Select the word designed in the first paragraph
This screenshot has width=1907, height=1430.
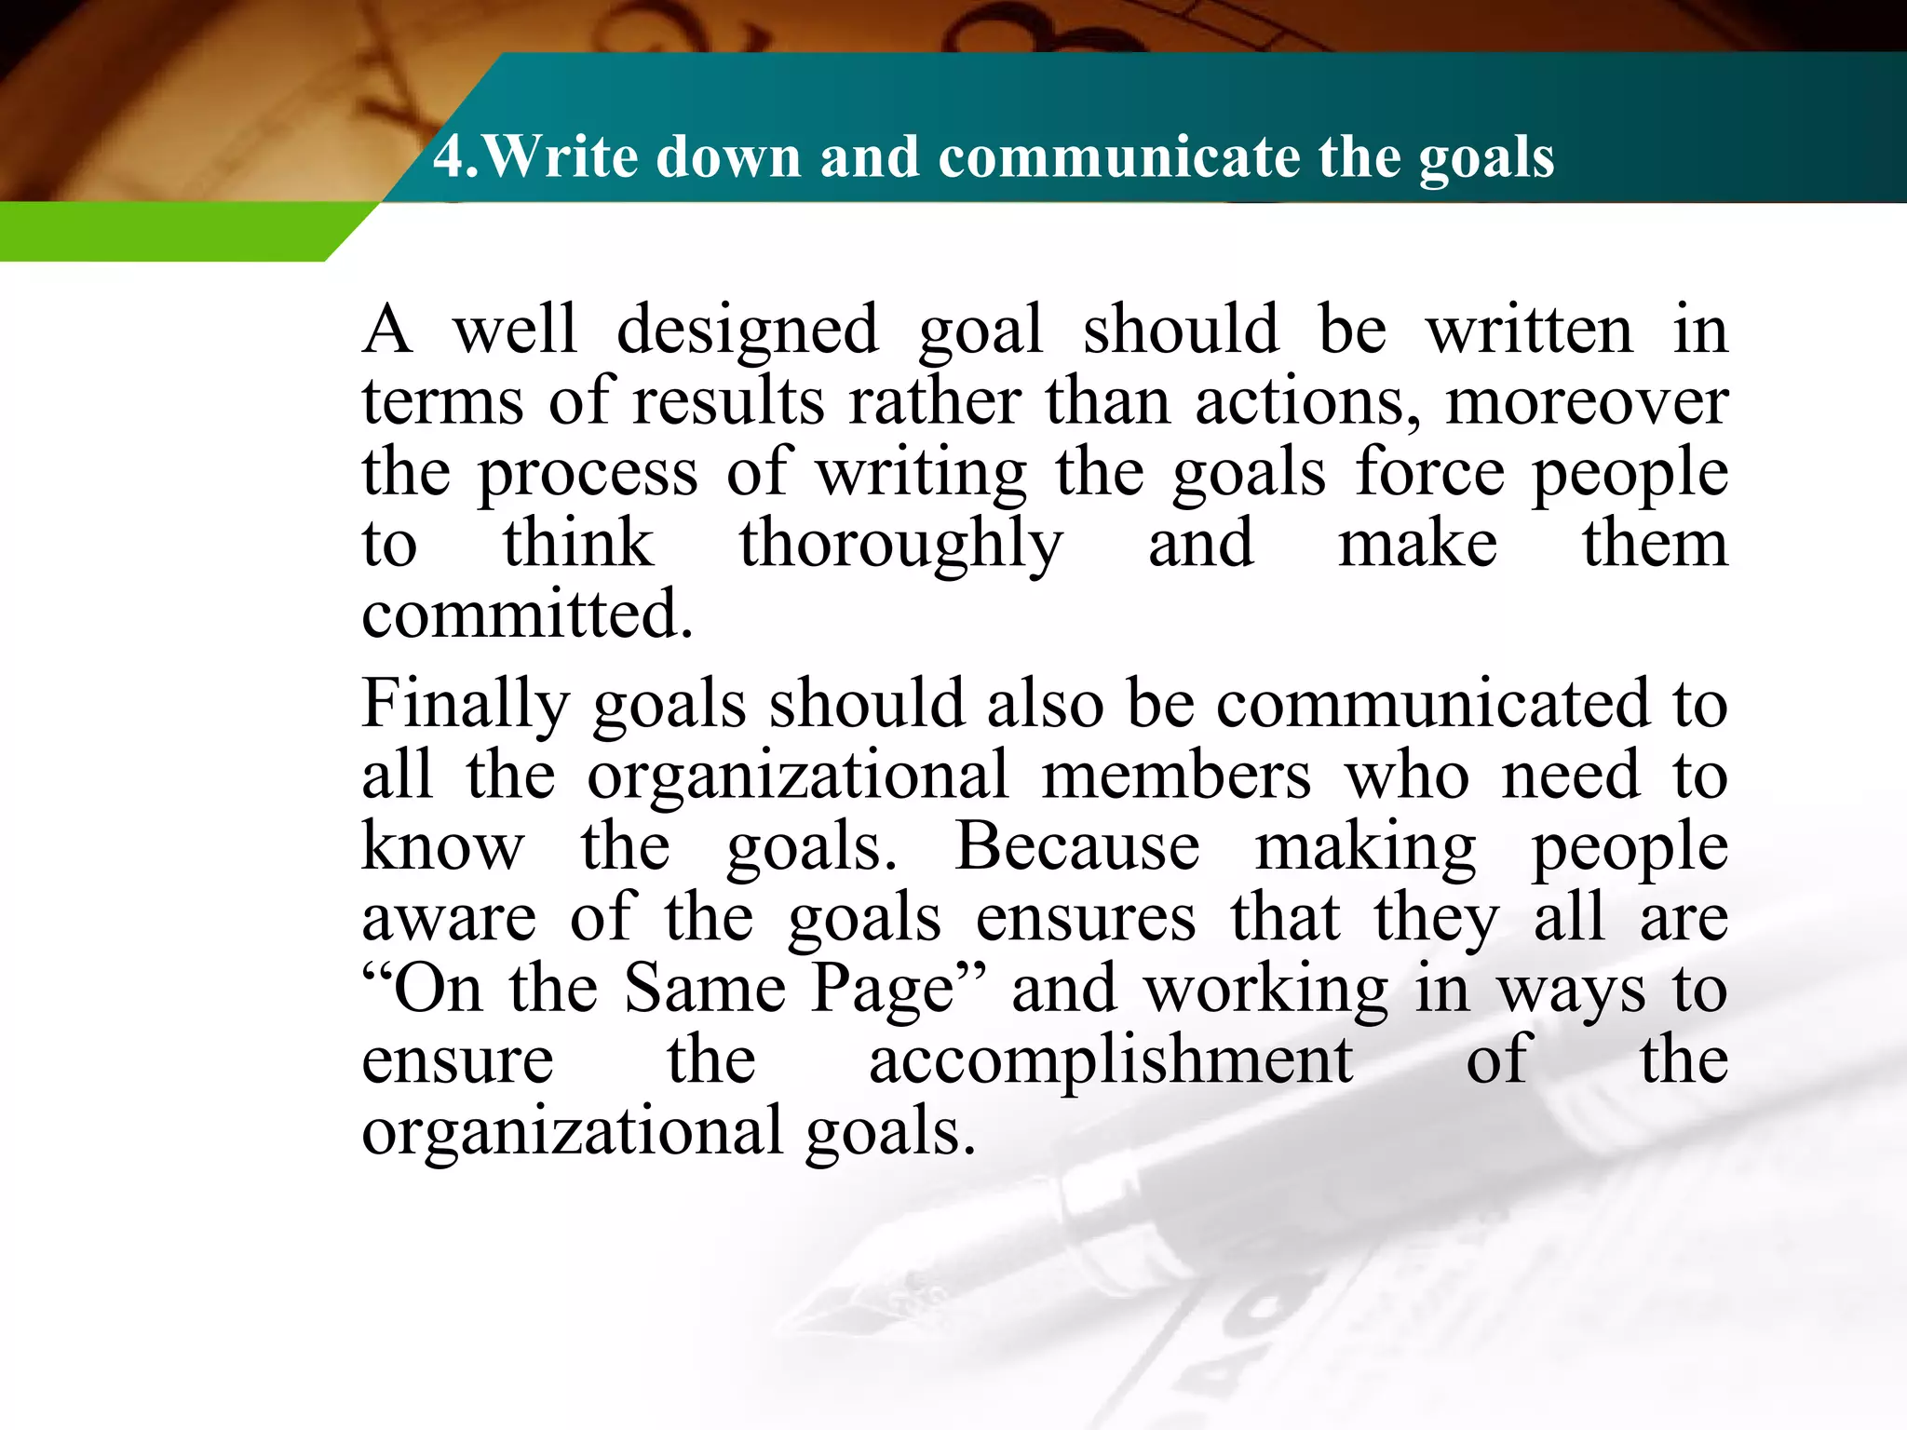[747, 331]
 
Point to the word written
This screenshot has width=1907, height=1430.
[1529, 331]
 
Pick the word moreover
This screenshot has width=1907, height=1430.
[1587, 402]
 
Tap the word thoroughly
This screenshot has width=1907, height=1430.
[900, 545]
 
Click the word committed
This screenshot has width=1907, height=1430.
[527, 614]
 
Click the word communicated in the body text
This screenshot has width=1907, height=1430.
[1432, 705]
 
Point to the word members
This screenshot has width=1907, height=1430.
[1176, 776]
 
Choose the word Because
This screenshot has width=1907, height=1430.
[1077, 847]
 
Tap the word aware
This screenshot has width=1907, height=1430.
[449, 919]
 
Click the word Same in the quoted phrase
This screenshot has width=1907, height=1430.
[705, 989]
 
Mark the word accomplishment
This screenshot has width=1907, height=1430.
[1110, 1061]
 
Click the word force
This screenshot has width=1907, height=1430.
[1429, 473]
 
